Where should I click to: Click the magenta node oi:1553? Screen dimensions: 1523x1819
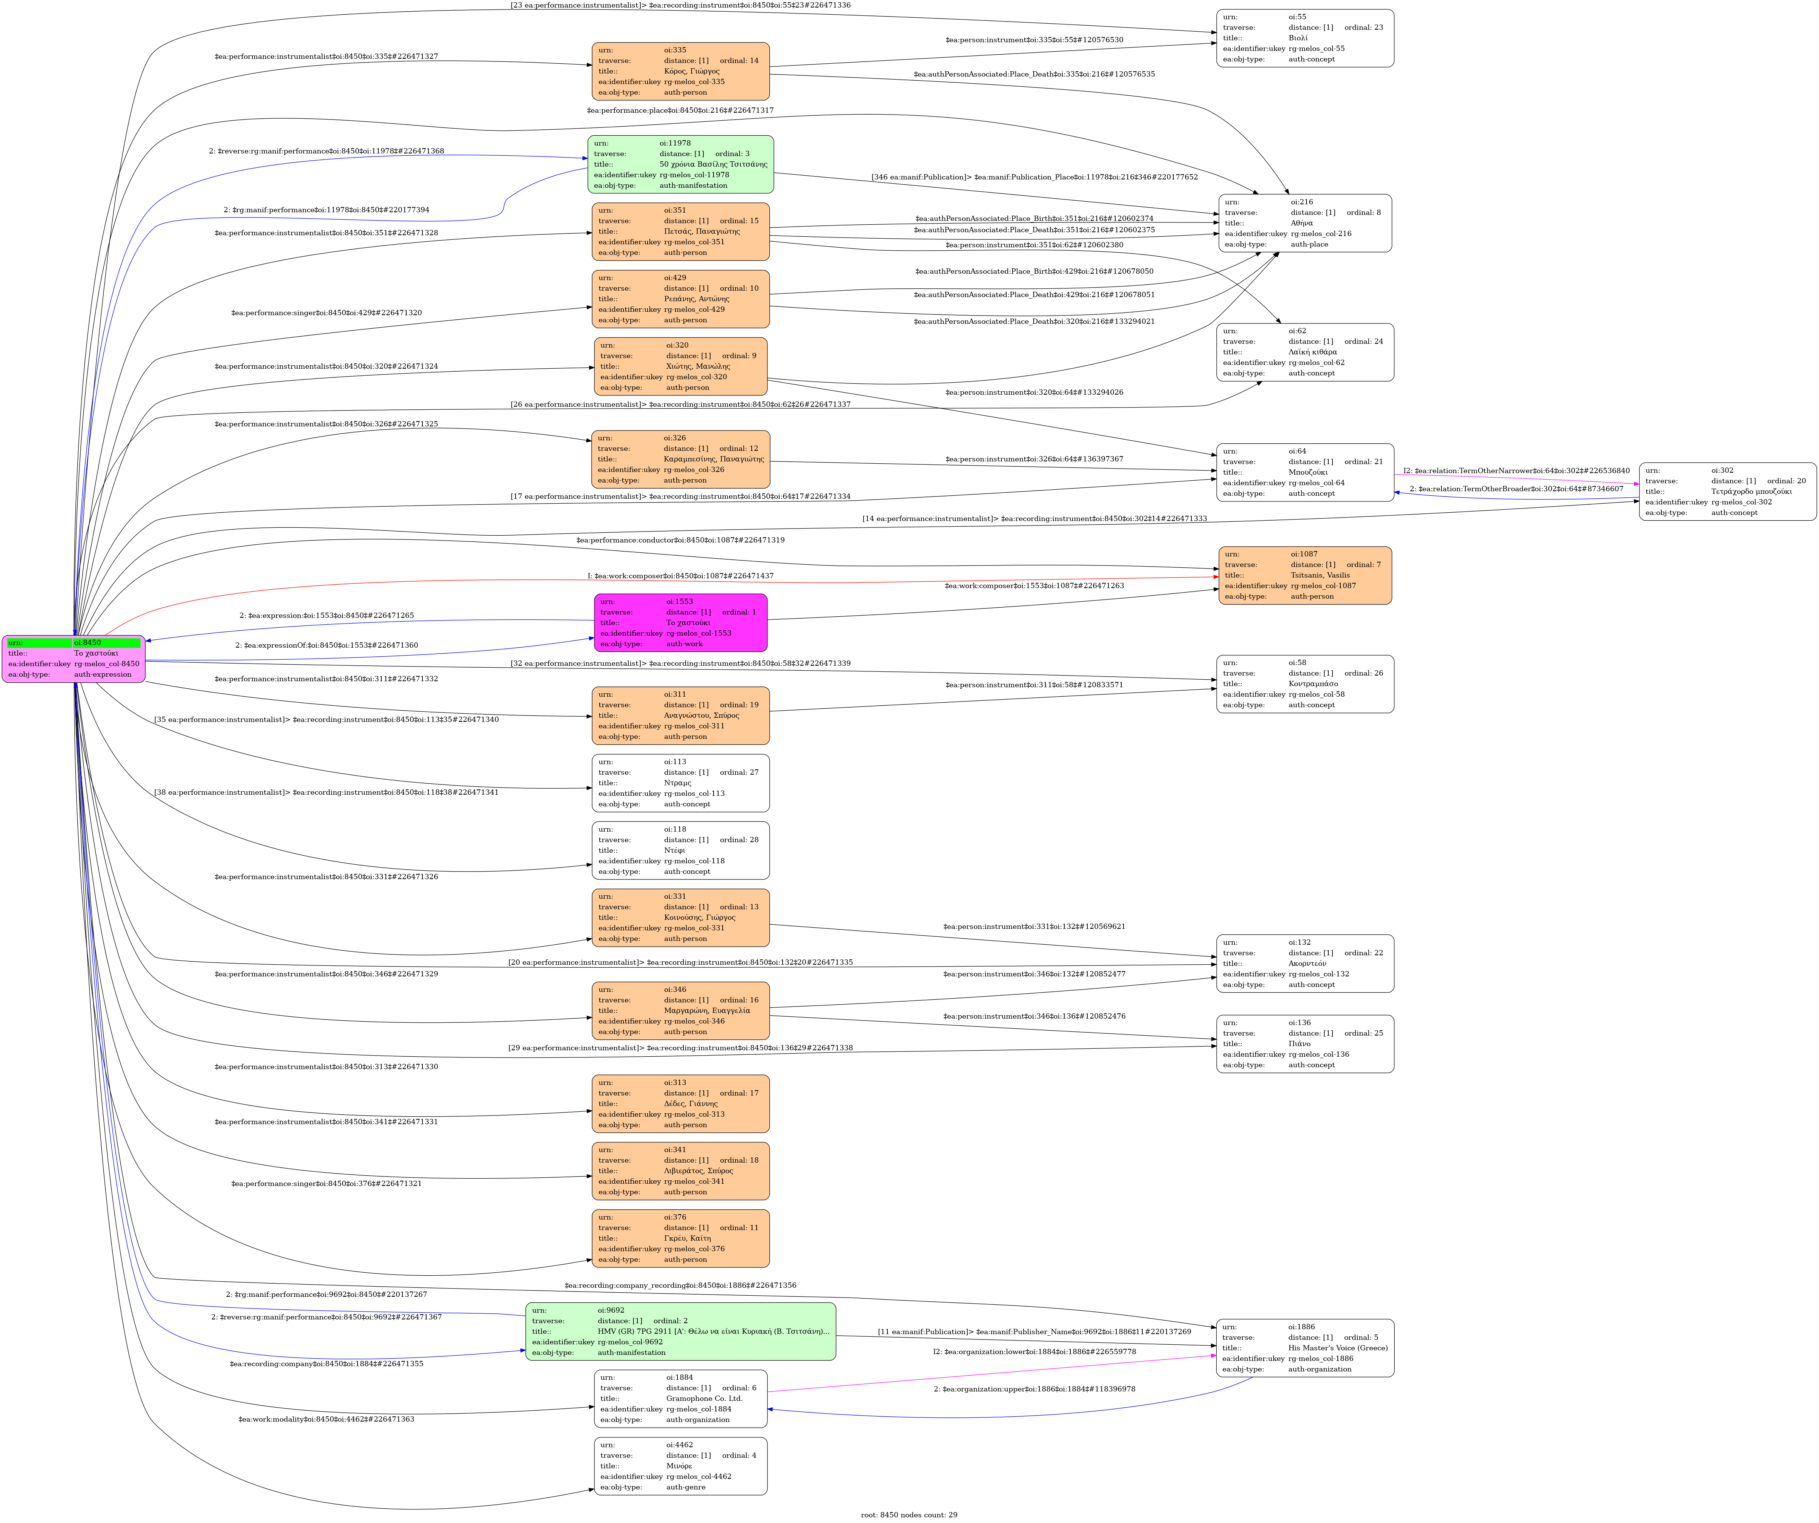[x=680, y=622]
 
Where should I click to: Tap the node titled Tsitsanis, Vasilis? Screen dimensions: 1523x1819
[x=1305, y=575]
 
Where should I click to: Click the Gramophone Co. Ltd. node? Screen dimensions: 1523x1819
[x=680, y=1398]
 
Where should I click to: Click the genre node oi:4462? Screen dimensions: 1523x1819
[x=680, y=1466]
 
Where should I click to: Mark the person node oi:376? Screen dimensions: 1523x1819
[x=680, y=1238]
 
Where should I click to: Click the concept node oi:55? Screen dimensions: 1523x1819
[x=1305, y=38]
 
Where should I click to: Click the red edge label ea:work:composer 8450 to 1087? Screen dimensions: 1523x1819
[x=680, y=576]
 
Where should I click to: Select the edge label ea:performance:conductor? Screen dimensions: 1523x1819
[x=680, y=540]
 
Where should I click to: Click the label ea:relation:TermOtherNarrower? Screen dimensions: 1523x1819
[x=1516, y=471]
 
